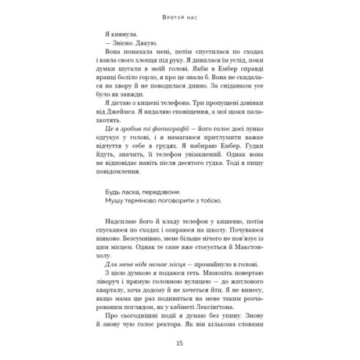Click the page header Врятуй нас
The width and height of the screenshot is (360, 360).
pyautogui.click(x=179, y=15)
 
